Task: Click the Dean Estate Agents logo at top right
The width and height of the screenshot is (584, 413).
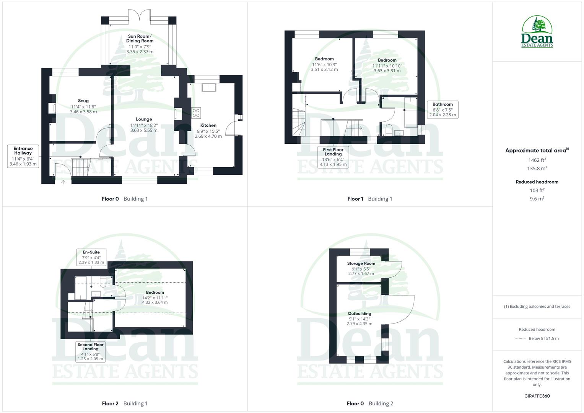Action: [537, 32]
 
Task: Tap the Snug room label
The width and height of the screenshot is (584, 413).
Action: [83, 101]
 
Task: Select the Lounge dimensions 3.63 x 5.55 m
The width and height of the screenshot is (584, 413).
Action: [144, 130]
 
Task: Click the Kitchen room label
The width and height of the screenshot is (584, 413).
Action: [208, 125]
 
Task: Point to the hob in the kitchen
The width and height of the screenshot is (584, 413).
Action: [196, 112]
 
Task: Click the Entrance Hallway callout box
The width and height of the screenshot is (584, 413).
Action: [23, 156]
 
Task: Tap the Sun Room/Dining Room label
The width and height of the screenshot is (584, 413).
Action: [140, 38]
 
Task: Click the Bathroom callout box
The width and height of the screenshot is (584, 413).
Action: [442, 109]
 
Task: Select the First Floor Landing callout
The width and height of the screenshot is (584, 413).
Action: [333, 157]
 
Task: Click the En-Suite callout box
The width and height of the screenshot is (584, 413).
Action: [91, 257]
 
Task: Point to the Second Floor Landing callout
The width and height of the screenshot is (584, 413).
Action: [91, 351]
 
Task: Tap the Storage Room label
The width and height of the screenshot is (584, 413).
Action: [361, 263]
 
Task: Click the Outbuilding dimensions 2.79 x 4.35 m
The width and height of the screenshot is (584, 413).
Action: [360, 324]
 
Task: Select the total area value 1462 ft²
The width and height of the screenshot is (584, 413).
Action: [537, 160]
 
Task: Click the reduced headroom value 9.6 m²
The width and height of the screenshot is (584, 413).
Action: [537, 198]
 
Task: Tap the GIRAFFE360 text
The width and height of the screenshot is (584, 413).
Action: [537, 396]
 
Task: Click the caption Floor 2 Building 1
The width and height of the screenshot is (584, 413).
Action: [125, 403]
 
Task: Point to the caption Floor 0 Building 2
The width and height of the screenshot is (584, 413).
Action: [370, 403]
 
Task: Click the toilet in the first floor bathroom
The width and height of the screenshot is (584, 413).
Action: [389, 129]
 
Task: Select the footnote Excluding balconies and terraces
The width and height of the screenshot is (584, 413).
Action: [537, 306]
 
